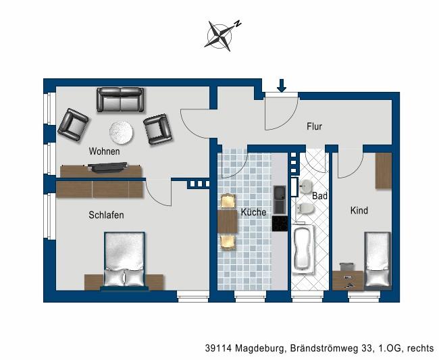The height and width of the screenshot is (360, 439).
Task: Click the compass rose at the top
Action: [221, 34]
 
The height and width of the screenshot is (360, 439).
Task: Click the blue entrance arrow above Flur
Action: [282, 85]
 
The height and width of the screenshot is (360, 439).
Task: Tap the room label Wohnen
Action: [104, 151]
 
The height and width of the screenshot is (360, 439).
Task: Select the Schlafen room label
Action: [106, 215]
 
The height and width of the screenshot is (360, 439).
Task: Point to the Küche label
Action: [253, 212]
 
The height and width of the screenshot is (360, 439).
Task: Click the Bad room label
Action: [319, 196]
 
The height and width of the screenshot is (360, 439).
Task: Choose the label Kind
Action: [359, 211]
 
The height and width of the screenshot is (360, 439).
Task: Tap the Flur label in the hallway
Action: [314, 126]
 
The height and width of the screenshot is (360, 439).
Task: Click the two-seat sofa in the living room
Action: [120, 100]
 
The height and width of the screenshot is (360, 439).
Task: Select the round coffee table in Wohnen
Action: [122, 132]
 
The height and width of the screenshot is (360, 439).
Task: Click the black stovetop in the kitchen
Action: [280, 224]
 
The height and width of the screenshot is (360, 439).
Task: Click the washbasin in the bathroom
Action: [306, 186]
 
